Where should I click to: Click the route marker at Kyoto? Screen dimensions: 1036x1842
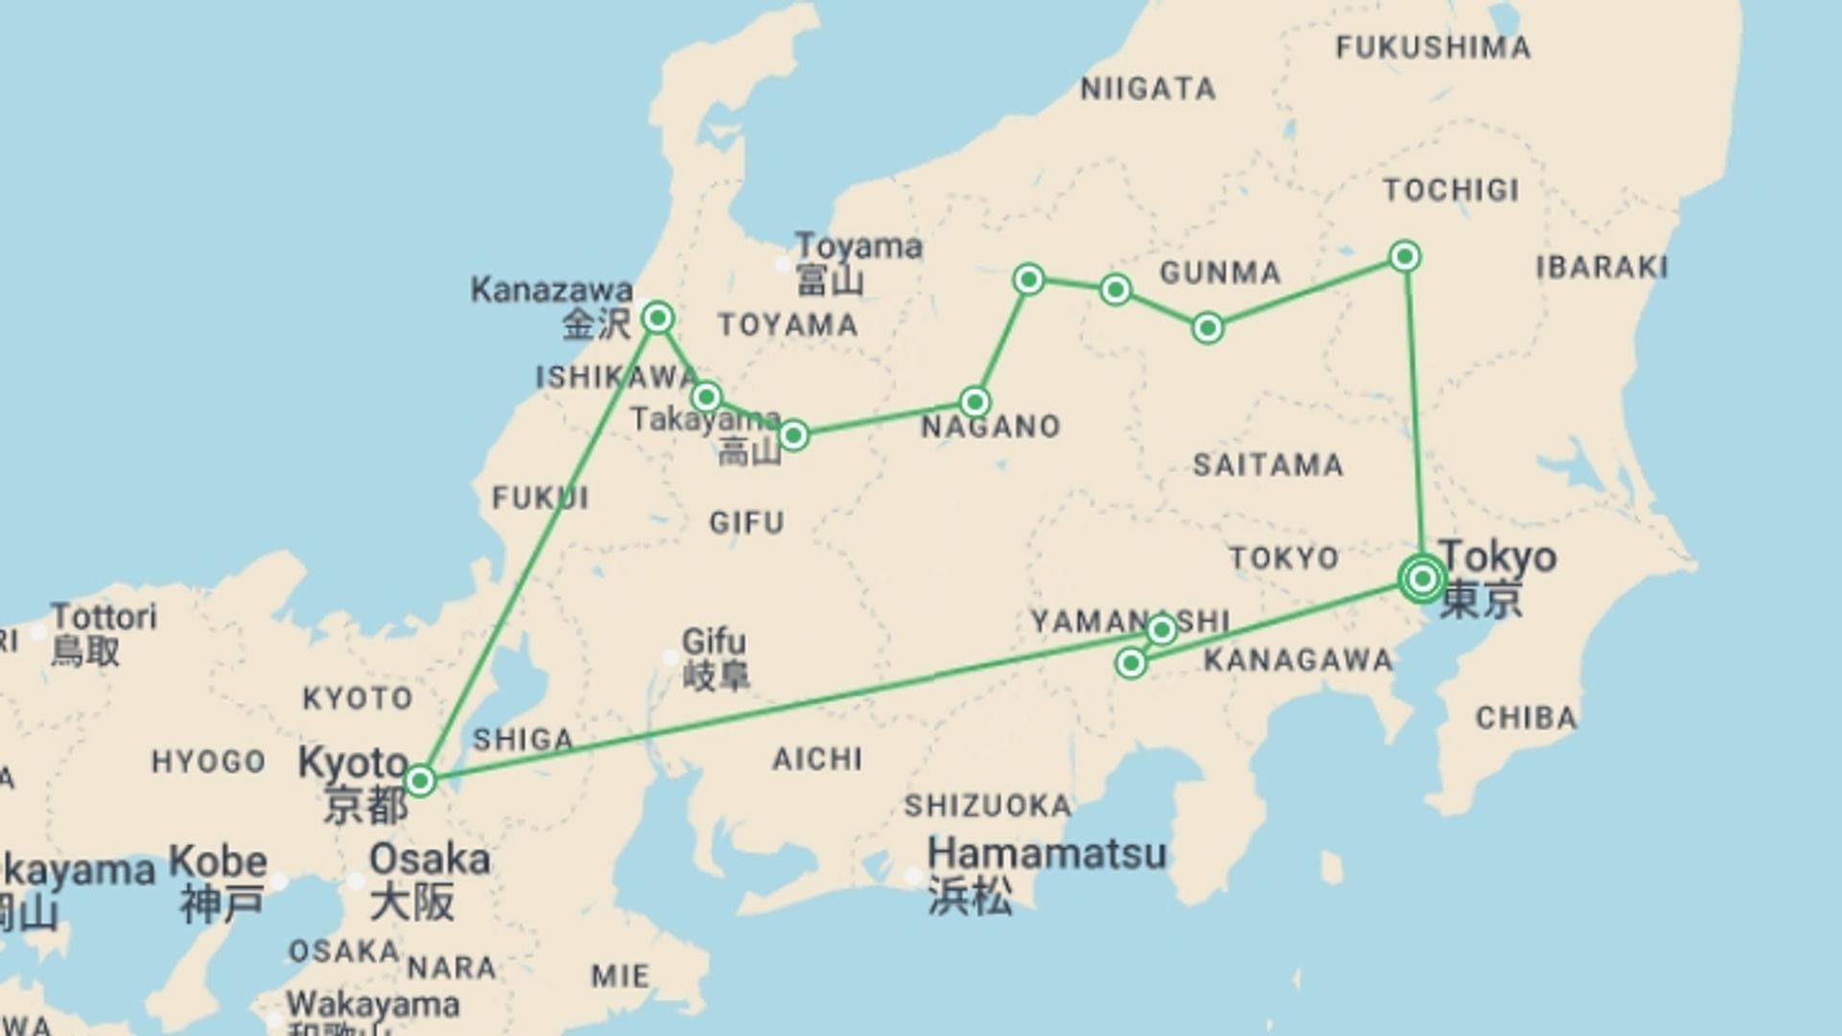point(419,781)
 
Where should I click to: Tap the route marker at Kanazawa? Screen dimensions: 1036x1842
point(658,317)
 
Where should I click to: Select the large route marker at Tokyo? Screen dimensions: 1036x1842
point(1422,578)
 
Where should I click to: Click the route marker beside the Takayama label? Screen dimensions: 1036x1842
point(793,436)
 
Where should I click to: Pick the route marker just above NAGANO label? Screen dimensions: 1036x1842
point(975,401)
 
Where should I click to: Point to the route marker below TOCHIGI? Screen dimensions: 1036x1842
point(1405,256)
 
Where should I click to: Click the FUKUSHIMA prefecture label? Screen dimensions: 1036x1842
point(1433,47)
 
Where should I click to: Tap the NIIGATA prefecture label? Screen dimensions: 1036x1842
point(1148,89)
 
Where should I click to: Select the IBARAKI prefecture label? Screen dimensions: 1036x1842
point(1602,267)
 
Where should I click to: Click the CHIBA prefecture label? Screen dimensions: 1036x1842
point(1525,718)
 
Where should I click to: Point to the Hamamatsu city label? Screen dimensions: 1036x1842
point(1047,853)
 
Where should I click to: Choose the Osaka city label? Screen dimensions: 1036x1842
point(429,859)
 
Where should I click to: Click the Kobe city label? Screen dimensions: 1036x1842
point(218,862)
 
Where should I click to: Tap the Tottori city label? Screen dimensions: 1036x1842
point(104,617)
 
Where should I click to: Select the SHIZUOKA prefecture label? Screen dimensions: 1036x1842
point(987,805)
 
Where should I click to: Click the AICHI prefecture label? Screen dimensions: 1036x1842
point(817,760)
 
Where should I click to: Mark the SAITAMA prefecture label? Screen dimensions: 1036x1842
point(1267,465)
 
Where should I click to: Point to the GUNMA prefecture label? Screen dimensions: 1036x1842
point(1220,272)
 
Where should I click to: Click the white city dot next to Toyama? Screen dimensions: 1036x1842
point(784,263)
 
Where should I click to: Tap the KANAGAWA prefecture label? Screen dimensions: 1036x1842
point(1298,660)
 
